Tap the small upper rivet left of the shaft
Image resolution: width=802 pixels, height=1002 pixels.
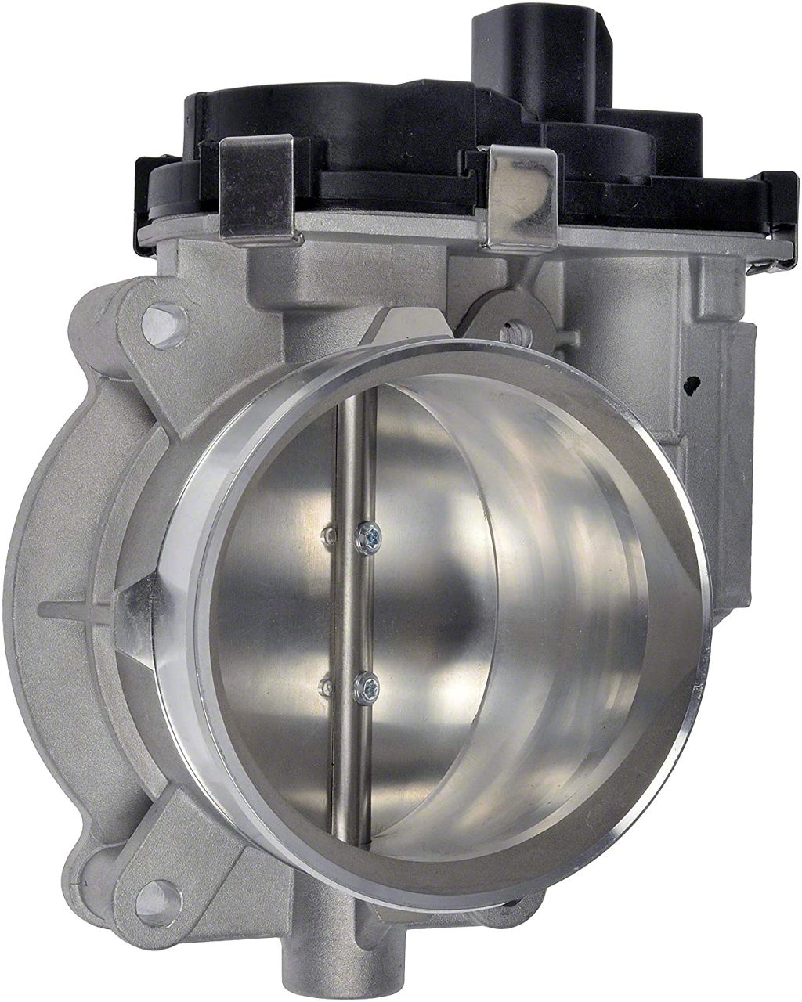coord(329,534)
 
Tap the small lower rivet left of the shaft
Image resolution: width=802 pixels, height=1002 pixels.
coord(328,687)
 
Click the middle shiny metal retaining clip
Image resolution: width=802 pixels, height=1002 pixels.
coord(520,196)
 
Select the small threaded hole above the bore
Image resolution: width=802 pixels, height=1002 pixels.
coord(515,333)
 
